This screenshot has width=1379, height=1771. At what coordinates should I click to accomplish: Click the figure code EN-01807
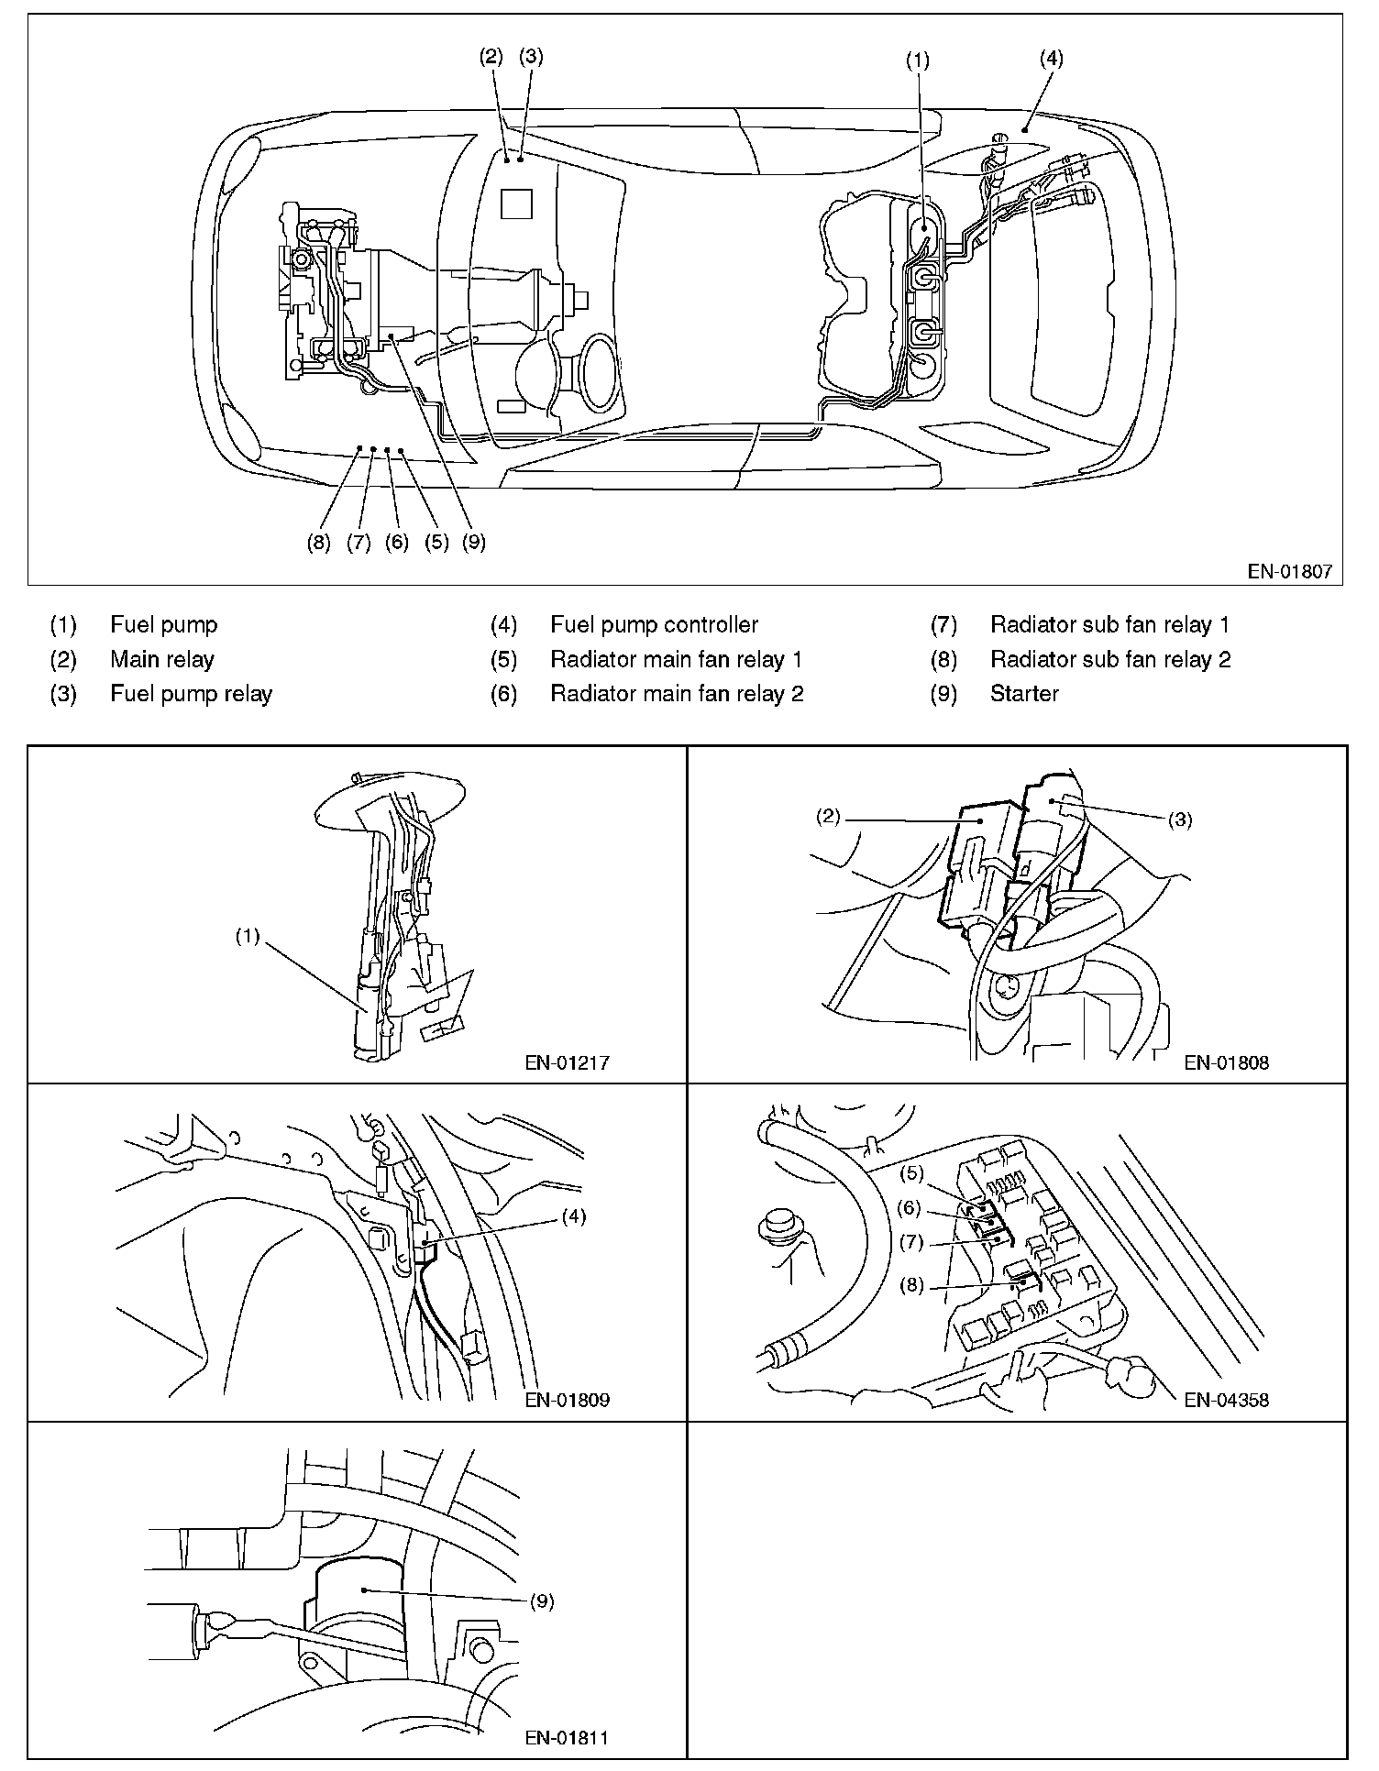pyautogui.click(x=1289, y=573)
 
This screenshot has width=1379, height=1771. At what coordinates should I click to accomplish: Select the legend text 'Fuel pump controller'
pyautogui.click(x=654, y=625)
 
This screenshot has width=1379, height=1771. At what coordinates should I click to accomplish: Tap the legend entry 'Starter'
pyautogui.click(x=1024, y=694)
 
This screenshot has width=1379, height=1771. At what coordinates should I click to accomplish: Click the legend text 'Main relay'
pyautogui.click(x=161, y=660)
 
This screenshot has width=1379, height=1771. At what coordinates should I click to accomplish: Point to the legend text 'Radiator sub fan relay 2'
pyautogui.click(x=1110, y=660)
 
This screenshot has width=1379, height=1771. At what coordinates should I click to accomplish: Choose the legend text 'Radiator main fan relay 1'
pyautogui.click(x=676, y=660)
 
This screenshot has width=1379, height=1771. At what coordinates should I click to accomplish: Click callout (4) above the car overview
pyautogui.click(x=1051, y=59)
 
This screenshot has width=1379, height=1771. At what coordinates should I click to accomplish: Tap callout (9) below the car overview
pyautogui.click(x=473, y=543)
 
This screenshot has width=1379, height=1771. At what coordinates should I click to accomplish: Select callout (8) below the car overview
pyautogui.click(x=318, y=543)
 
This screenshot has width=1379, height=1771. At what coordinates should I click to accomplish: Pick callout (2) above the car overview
pyautogui.click(x=491, y=57)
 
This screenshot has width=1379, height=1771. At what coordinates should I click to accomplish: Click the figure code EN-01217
pyautogui.click(x=567, y=1063)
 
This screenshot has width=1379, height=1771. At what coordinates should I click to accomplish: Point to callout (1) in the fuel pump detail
pyautogui.click(x=247, y=937)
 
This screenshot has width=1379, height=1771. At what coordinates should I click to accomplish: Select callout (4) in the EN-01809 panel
pyautogui.click(x=574, y=1217)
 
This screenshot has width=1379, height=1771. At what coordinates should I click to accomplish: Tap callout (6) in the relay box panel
pyautogui.click(x=909, y=1208)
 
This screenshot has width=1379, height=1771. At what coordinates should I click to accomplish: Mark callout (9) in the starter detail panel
pyautogui.click(x=542, y=1601)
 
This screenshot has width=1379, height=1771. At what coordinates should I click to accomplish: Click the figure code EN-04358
pyautogui.click(x=1226, y=1400)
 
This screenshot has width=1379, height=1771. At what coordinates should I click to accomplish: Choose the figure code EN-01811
pyautogui.click(x=567, y=1737)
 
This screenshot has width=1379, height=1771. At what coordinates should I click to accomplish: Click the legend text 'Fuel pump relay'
pyautogui.click(x=191, y=694)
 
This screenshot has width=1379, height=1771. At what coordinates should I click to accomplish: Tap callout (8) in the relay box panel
pyautogui.click(x=911, y=1285)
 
